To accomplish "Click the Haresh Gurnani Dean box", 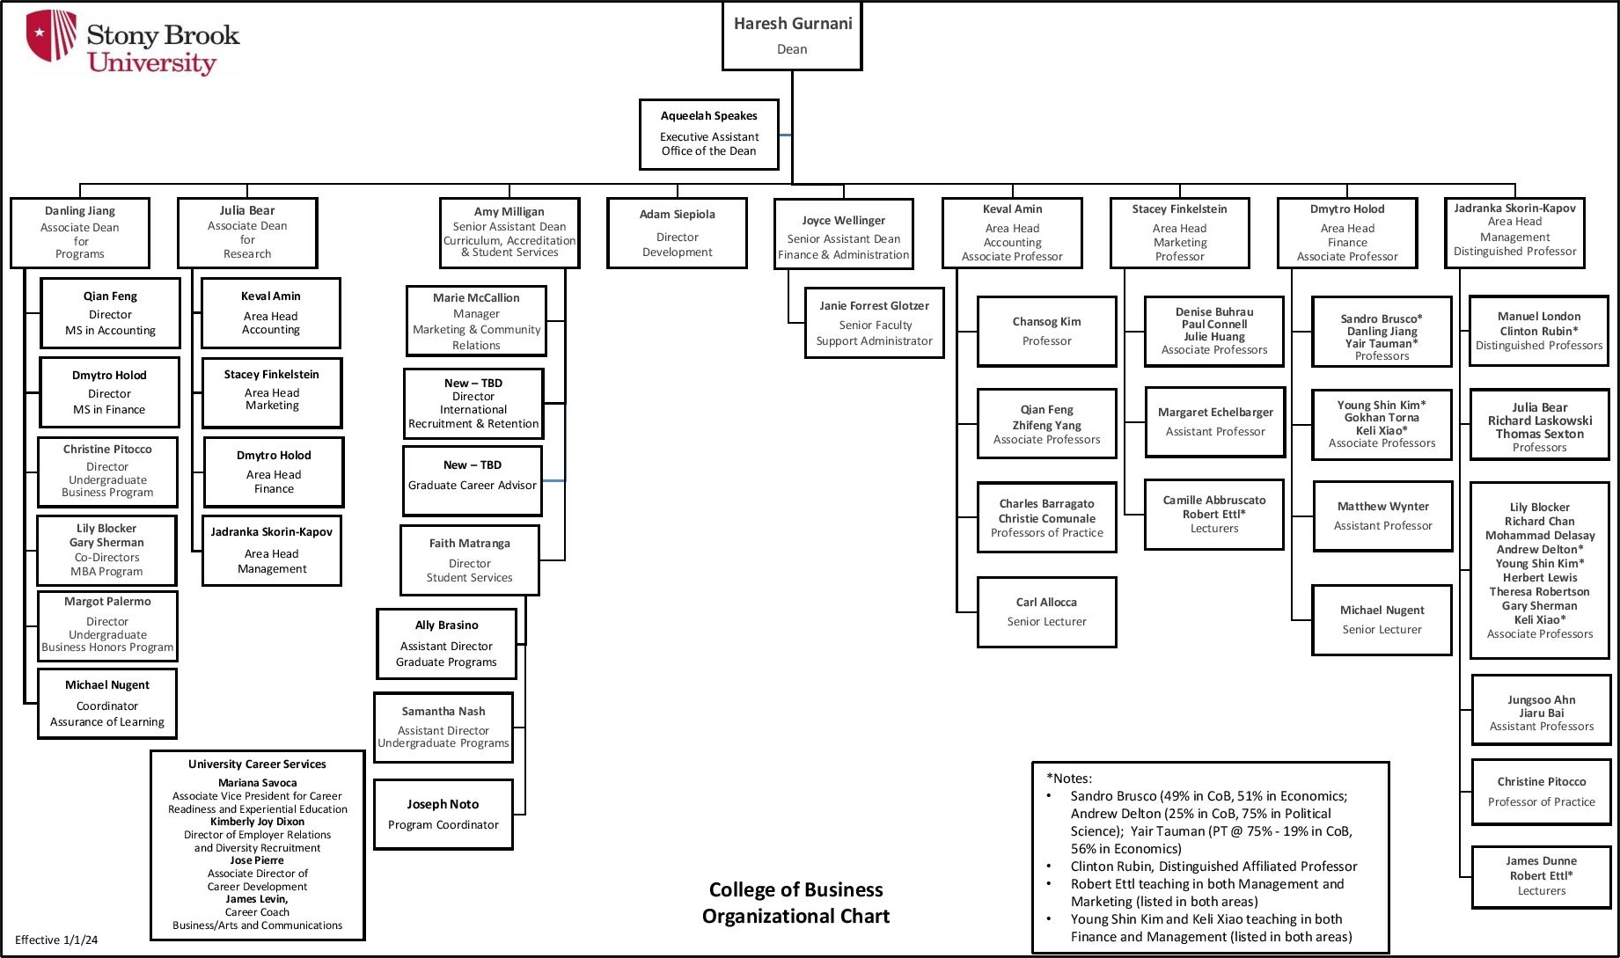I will point(791,36).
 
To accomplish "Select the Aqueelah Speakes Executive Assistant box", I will point(708,134).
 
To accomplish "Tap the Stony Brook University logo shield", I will point(51,35).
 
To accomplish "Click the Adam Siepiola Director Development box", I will point(677,233).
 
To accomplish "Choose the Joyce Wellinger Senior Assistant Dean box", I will point(843,234).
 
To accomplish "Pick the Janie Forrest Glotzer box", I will point(874,323).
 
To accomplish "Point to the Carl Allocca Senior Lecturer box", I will point(1046,612).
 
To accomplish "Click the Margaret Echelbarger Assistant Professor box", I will point(1214,421).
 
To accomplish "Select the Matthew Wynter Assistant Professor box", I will point(1382,516).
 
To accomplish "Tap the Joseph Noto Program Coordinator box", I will point(443,815).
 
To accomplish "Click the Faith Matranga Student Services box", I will point(469,560).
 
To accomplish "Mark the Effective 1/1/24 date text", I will point(56,940).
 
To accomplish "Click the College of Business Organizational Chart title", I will point(795,903).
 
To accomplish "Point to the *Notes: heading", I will point(1068,778).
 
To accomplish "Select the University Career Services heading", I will point(257,764).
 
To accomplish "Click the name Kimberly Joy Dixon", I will point(257,822).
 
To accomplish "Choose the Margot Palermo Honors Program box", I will point(107,625).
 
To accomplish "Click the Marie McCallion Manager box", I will point(475,321).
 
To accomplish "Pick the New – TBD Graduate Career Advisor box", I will point(472,480).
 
